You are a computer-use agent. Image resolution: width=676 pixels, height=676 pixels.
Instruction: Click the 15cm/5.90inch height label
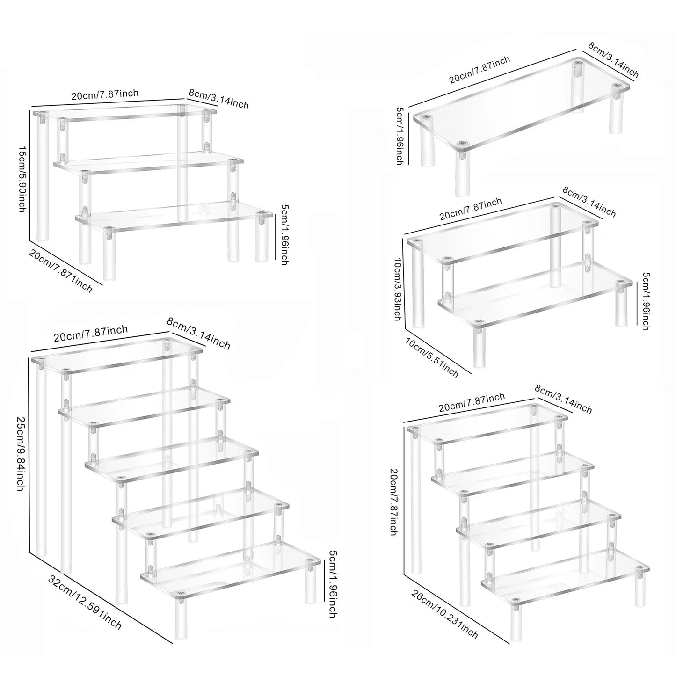coord(22,178)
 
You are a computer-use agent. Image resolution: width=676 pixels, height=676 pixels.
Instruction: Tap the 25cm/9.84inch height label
coord(20,454)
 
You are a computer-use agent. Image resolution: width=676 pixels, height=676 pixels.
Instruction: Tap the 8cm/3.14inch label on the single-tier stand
coord(613,61)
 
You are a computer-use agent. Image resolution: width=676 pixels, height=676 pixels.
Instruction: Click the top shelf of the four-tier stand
coord(487,423)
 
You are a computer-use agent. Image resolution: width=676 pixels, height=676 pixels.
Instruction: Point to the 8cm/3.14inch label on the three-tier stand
coord(218,98)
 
